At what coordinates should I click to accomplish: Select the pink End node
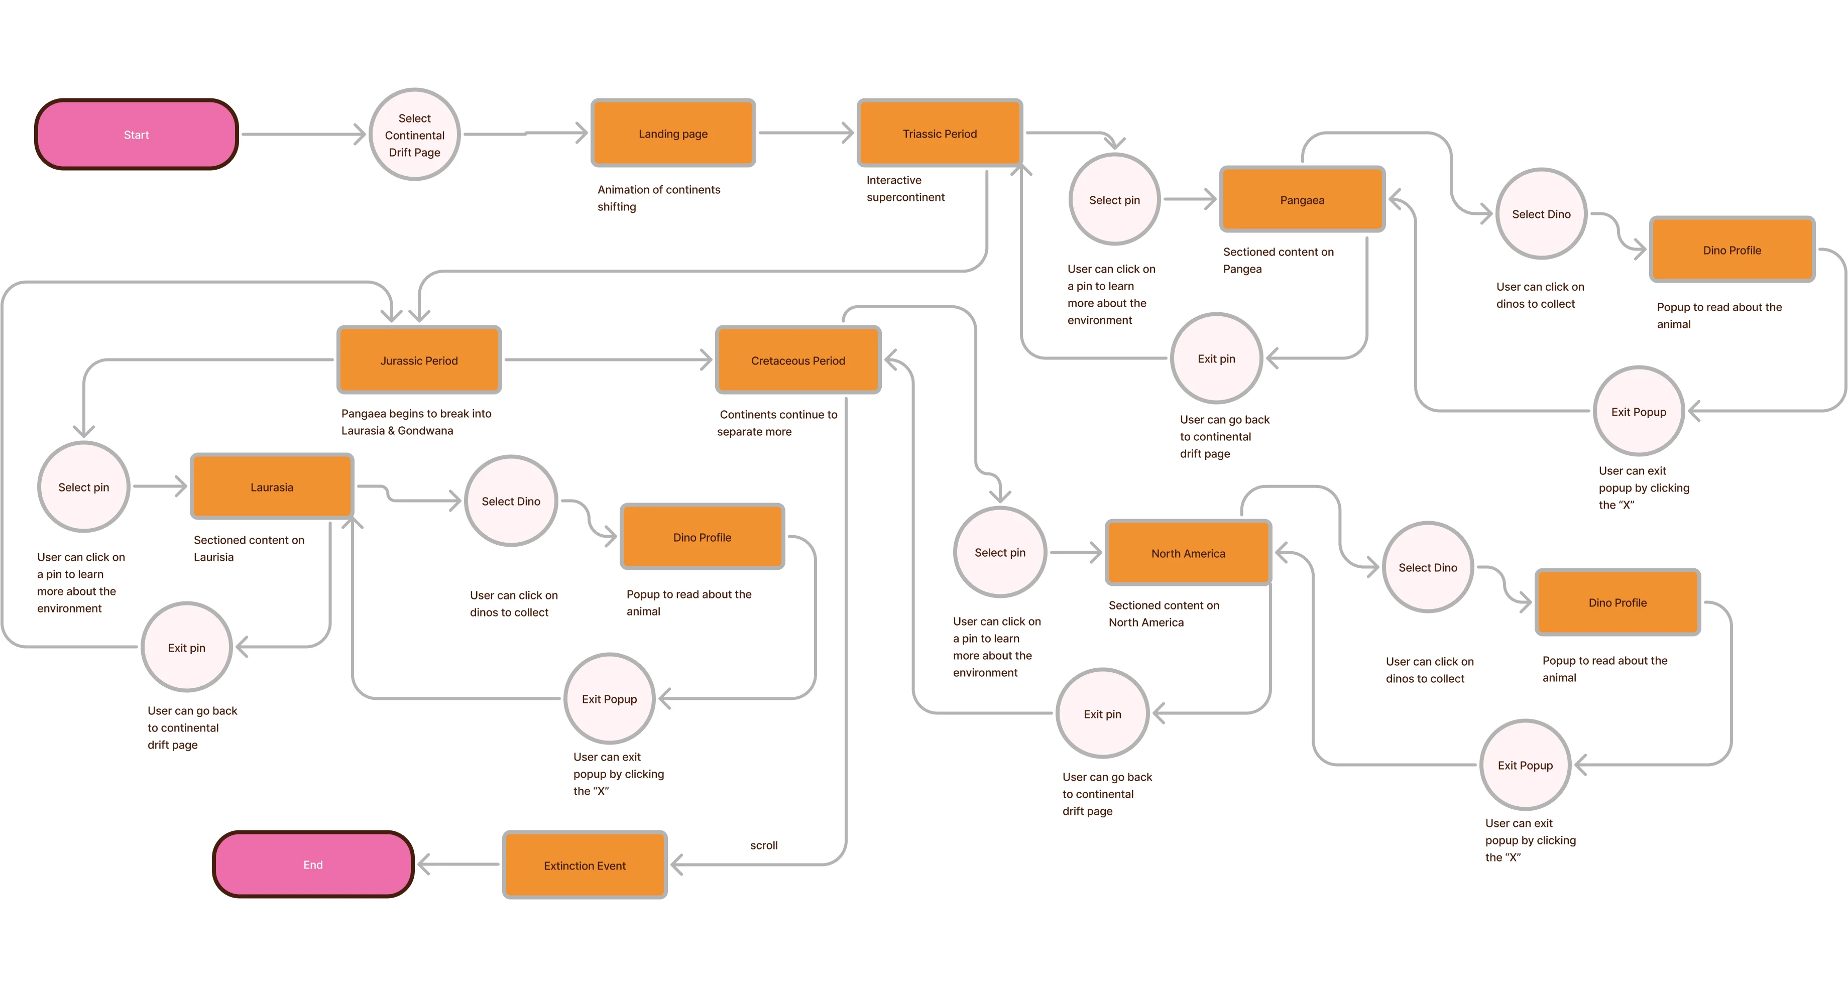pyautogui.click(x=313, y=865)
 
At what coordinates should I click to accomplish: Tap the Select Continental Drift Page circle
pyautogui.click(x=415, y=135)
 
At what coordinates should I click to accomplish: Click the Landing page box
pyautogui.click(x=673, y=134)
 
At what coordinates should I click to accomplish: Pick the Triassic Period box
pyautogui.click(x=940, y=134)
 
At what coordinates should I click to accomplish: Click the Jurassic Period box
pyautogui.click(x=419, y=360)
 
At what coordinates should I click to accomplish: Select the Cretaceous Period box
pyautogui.click(x=798, y=360)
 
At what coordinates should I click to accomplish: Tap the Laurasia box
pyautogui.click(x=272, y=487)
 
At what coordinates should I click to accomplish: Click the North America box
pyautogui.click(x=1188, y=553)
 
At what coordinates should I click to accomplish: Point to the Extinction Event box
pyautogui.click(x=585, y=865)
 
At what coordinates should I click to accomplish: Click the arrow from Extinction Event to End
pyautogui.click(x=459, y=865)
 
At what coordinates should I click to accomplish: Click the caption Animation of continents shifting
pyautogui.click(x=658, y=198)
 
